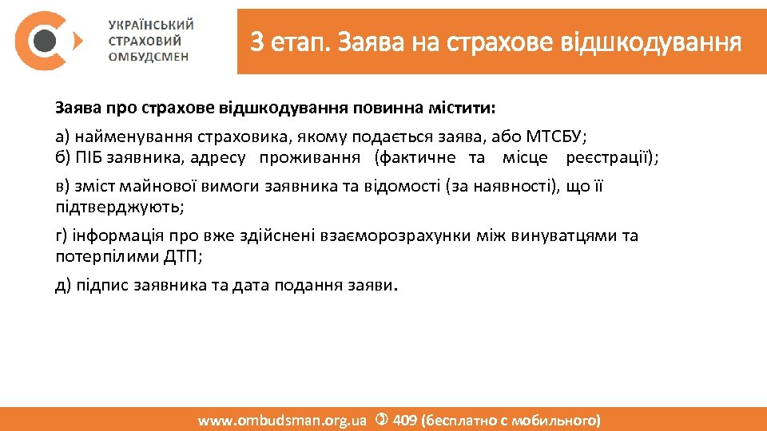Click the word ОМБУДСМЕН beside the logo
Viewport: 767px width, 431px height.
(x=149, y=56)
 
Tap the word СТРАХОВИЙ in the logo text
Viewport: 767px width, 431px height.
(x=145, y=41)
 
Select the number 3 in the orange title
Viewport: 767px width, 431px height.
(x=256, y=41)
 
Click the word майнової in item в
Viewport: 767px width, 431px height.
(x=155, y=187)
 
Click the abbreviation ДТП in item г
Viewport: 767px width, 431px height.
(x=185, y=256)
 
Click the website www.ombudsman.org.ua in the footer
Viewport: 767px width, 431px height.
(x=282, y=420)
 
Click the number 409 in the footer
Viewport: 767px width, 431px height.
(x=405, y=420)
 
